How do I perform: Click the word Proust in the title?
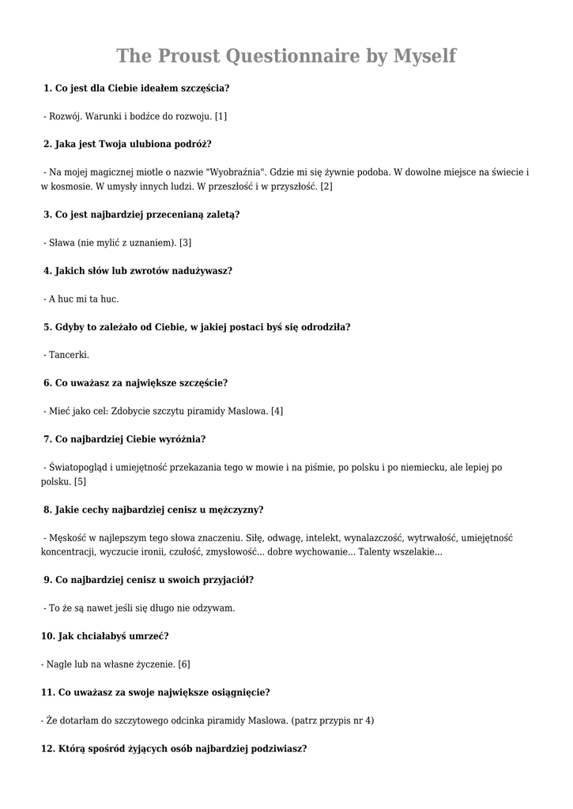(x=190, y=56)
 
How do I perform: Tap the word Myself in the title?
(x=425, y=56)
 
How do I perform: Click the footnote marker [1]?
(x=221, y=116)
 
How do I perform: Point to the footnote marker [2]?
(x=326, y=186)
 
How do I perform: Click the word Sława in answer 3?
(x=63, y=243)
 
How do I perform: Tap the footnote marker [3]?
(x=186, y=243)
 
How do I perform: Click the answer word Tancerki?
(x=69, y=355)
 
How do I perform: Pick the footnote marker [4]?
(x=277, y=411)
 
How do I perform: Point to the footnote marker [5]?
(x=80, y=481)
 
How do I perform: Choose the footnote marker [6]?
(x=184, y=664)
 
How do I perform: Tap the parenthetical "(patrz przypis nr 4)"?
(x=333, y=720)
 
